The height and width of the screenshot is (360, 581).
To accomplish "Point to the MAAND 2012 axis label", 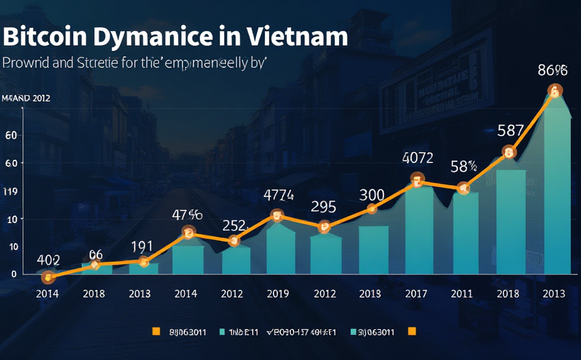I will pos(26,98).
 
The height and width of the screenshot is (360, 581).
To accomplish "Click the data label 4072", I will pos(418,159).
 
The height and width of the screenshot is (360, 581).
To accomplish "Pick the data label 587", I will pos(510,131).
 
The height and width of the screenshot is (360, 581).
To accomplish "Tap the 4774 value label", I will pos(279,194).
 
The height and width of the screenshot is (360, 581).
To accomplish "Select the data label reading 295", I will pos(324,206).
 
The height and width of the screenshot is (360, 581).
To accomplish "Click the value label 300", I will pos(372,194).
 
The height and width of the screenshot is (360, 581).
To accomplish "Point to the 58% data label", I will pos(464,167).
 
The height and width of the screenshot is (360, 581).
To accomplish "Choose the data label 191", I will pos(142,246).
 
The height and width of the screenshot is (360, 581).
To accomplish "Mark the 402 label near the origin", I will pos(48,259).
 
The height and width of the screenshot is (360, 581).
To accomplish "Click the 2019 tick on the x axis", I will pos(278,293).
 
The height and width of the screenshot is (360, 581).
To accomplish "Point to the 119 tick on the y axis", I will pos(11,191).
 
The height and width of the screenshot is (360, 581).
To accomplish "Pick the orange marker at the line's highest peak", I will pos(554,91).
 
